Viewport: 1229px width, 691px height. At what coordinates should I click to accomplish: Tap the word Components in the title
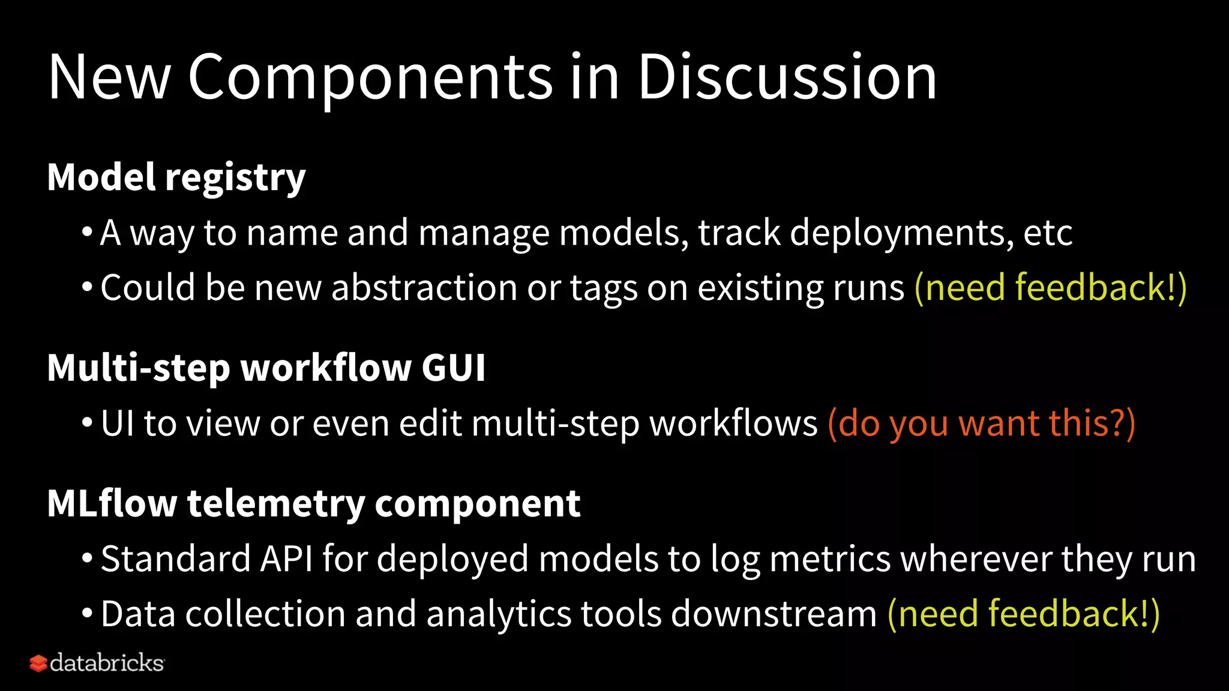tap(370, 78)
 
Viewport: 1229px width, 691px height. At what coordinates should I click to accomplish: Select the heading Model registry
tap(176, 178)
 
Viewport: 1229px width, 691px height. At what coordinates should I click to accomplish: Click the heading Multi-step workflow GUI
tap(266, 368)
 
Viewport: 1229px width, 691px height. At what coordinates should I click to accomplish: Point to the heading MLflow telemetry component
tap(313, 503)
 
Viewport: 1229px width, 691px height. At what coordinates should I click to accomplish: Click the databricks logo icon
tap(38, 663)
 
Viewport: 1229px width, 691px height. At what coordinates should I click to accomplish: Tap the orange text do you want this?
tap(981, 423)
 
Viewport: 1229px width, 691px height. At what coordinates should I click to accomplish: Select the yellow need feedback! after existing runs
tap(1050, 287)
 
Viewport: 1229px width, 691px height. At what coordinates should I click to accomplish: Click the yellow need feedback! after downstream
tap(1023, 614)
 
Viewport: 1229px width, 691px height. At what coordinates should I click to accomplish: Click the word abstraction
tap(424, 287)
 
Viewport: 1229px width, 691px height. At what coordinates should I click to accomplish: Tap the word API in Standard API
tap(286, 559)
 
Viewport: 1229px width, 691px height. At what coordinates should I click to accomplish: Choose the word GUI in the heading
tap(453, 368)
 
